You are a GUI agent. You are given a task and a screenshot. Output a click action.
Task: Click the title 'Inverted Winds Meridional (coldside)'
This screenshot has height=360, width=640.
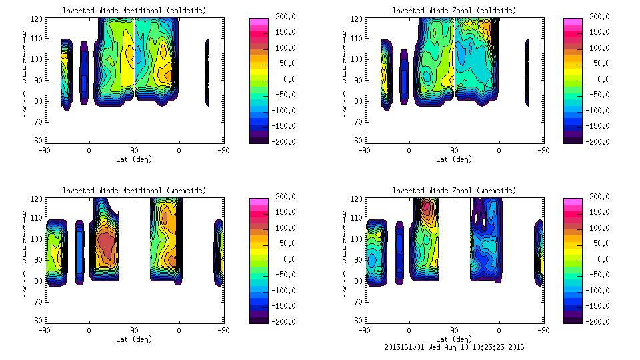coord(134,11)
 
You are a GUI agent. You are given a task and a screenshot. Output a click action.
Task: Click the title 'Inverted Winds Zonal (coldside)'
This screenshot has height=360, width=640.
coord(454,11)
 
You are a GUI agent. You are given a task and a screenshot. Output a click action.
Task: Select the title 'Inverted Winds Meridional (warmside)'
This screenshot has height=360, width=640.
coord(134,191)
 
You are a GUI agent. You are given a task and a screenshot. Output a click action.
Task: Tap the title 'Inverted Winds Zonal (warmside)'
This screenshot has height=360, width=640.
coord(454,191)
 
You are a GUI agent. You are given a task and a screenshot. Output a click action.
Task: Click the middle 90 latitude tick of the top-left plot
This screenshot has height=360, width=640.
coord(134,151)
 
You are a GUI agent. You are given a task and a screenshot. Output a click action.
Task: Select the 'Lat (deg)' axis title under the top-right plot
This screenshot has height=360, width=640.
coord(454,159)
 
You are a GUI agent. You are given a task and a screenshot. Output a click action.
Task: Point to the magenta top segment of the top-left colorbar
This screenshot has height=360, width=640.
coord(259,22)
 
